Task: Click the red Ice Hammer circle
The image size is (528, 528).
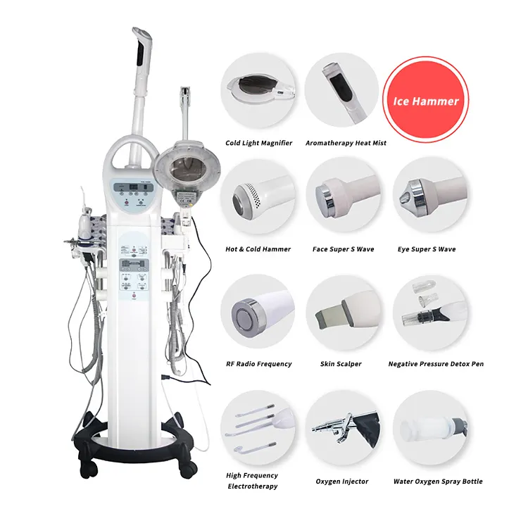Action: (425, 100)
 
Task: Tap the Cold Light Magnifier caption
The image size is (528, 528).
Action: (258, 143)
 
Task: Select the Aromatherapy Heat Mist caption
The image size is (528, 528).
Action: (346, 143)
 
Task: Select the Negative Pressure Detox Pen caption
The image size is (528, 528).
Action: (436, 364)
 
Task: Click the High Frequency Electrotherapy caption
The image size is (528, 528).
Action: (252, 481)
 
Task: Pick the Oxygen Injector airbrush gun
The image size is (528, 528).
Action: (345, 426)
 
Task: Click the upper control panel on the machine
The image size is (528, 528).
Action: (133, 194)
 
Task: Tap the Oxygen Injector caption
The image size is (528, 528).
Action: (341, 482)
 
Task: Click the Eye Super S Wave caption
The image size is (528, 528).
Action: (427, 249)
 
